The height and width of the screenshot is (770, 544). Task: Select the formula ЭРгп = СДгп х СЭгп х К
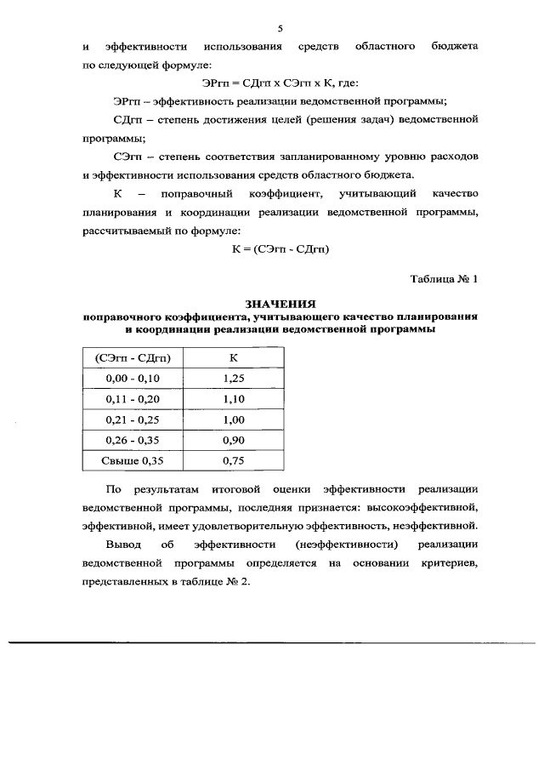point(281,83)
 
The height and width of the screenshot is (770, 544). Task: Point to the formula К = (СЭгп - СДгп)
point(281,249)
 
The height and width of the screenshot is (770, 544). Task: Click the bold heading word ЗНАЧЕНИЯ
point(280,304)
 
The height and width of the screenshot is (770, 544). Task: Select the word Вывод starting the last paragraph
point(122,544)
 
